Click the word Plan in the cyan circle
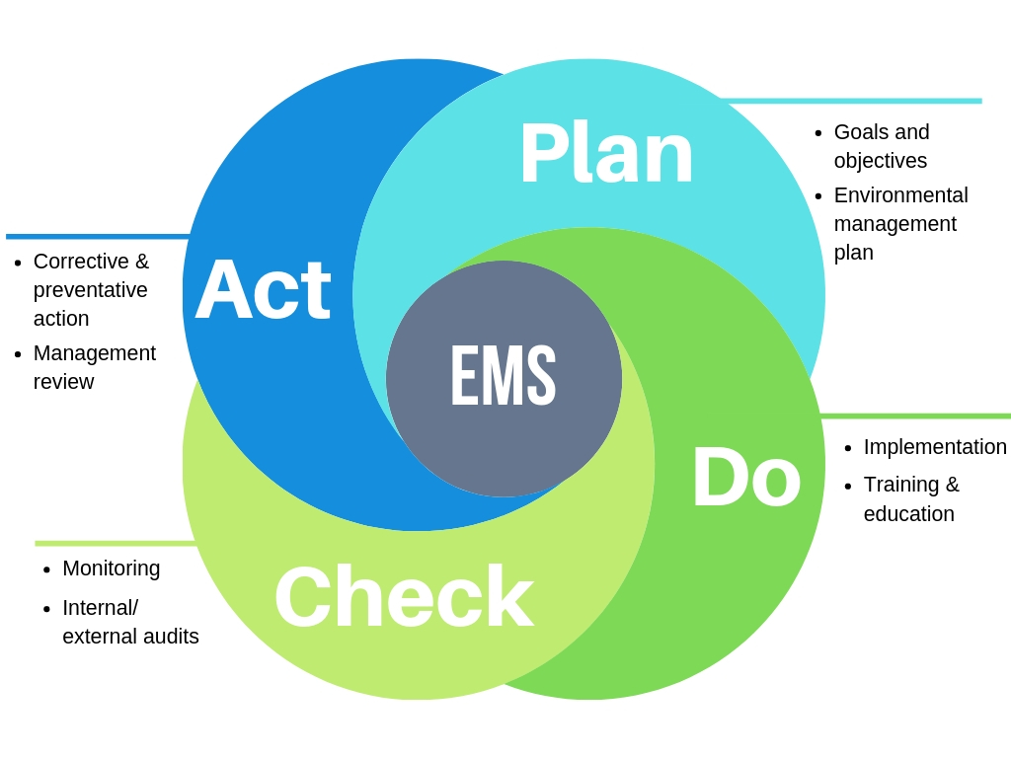pos(606,153)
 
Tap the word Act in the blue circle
pos(263,290)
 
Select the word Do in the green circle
pos(745,478)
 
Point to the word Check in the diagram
pos(404,597)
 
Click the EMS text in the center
pos(504,376)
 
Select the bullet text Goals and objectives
pos(881,146)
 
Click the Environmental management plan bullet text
pos(899,223)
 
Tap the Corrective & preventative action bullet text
pos(91,289)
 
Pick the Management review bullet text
pos(94,367)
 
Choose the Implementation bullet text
pos(934,447)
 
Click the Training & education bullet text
pos(910,498)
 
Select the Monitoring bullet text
pos(111,568)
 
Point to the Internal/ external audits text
pos(129,622)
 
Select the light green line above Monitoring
pos(116,543)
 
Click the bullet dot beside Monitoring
pos(47,570)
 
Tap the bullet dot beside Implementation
pos(848,449)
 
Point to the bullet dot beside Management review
pos(18,354)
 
